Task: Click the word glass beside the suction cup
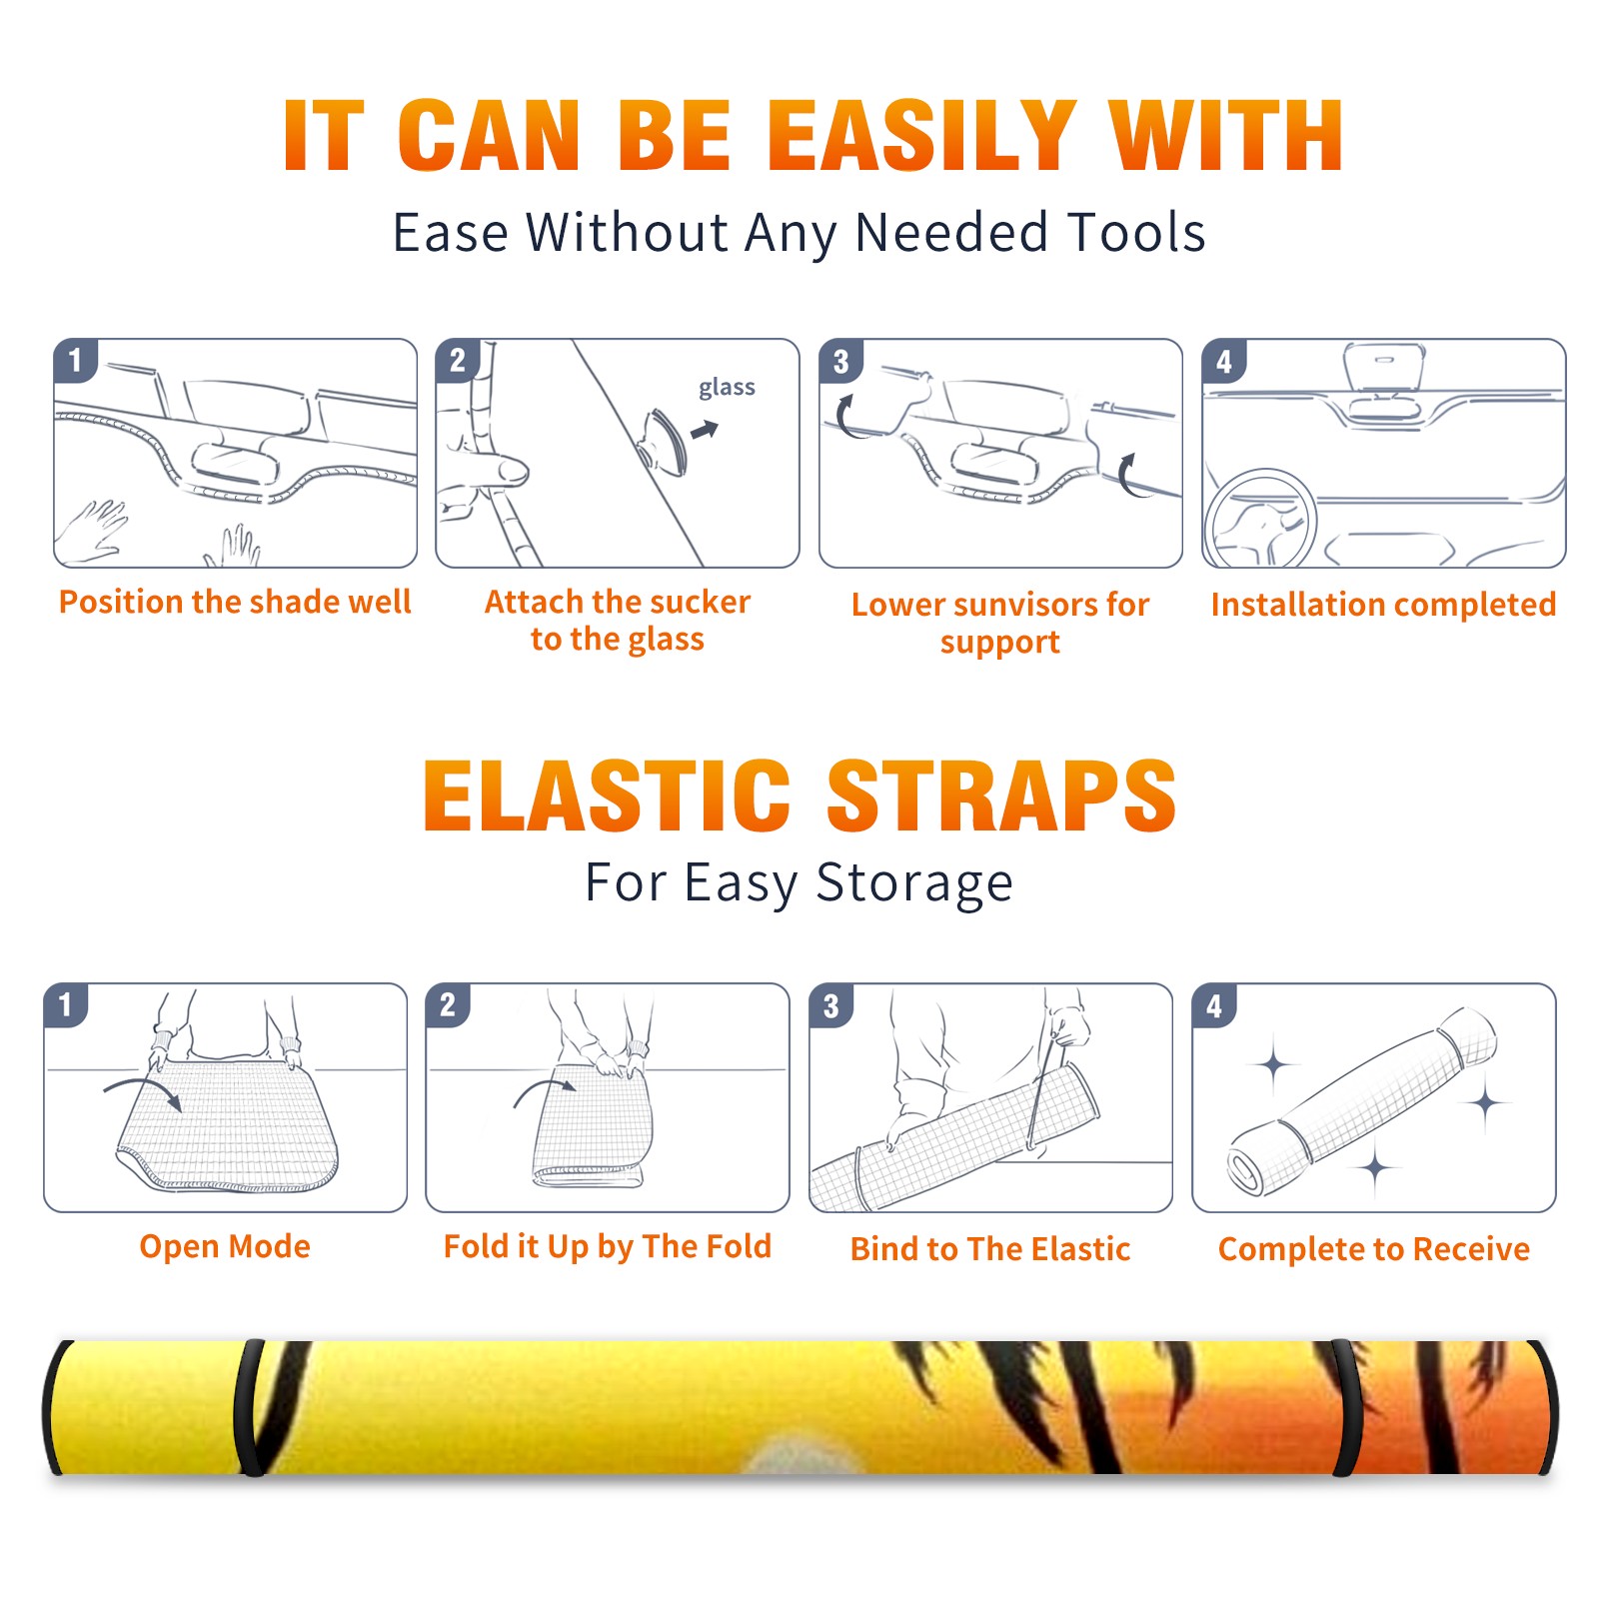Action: [x=727, y=388]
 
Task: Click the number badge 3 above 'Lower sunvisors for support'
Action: [x=839, y=361]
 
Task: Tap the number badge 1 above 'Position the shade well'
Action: [x=75, y=360]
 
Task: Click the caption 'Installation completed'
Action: [x=1383, y=605]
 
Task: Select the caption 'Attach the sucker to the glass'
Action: [x=618, y=621]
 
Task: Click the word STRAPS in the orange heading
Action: [x=1001, y=796]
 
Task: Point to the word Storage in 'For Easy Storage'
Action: [x=914, y=883]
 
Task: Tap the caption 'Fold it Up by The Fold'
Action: [x=608, y=1247]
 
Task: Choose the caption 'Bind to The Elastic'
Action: [x=990, y=1249]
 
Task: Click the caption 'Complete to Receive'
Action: [x=1374, y=1249]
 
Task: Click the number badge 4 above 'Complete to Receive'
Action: [x=1213, y=1005]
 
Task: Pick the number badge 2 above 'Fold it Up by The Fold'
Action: [x=447, y=1004]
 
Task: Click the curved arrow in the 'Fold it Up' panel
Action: [x=544, y=1088]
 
